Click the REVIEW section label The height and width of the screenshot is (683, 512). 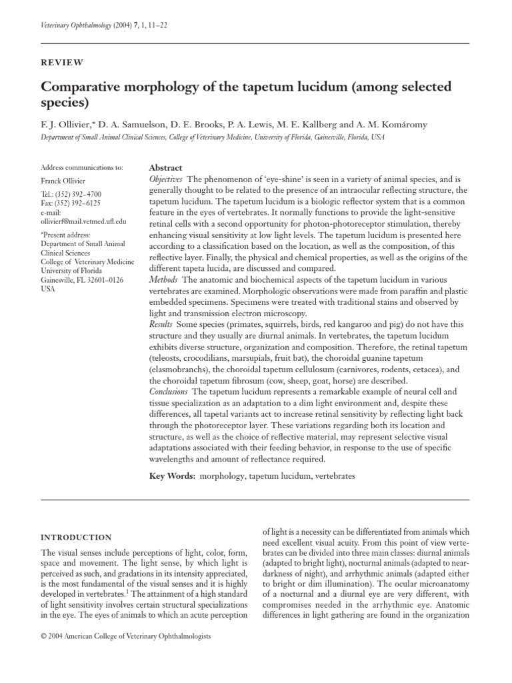click(62, 63)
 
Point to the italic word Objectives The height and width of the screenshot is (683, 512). click(165, 180)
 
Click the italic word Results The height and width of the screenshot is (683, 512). click(160, 323)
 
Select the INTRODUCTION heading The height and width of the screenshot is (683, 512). click(76, 537)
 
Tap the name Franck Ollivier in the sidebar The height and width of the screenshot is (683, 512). click(65, 181)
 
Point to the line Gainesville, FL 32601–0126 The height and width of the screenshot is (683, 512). click(82, 281)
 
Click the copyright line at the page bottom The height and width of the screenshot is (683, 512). click(125, 637)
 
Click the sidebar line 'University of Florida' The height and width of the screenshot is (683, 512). click(71, 272)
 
